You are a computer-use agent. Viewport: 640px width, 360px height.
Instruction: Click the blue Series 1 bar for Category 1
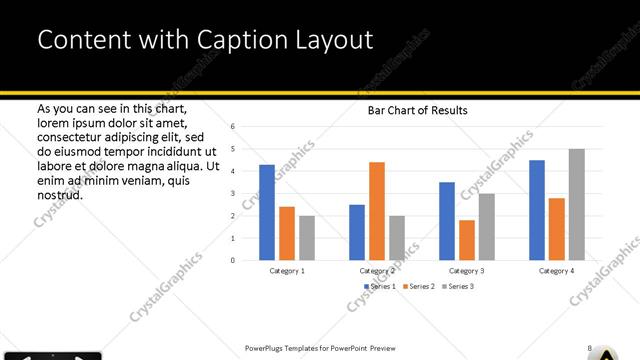[267, 212]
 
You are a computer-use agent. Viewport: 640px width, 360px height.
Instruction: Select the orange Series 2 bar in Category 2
[377, 211]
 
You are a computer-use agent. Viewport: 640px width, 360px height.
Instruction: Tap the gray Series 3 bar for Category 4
[577, 205]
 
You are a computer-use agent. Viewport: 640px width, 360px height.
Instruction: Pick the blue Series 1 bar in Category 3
[447, 221]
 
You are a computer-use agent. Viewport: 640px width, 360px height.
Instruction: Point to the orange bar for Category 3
[467, 240]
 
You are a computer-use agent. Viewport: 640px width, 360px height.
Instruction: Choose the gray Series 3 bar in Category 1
[307, 238]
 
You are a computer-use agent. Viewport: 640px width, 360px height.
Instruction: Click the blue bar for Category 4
[537, 210]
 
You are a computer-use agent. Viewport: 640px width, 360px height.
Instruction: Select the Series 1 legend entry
[379, 287]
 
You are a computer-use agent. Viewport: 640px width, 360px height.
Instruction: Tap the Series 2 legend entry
[418, 287]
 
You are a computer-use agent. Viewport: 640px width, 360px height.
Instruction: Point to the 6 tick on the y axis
[232, 127]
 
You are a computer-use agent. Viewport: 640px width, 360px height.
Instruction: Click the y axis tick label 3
[232, 194]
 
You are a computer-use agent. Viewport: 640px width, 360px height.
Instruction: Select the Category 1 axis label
[287, 271]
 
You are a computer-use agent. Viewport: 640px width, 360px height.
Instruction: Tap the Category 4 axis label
[557, 271]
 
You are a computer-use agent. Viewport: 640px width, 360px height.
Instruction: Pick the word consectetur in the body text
[75, 137]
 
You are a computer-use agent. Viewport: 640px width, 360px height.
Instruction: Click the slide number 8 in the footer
[589, 348]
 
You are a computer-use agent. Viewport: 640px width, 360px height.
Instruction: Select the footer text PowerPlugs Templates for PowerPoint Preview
[320, 348]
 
